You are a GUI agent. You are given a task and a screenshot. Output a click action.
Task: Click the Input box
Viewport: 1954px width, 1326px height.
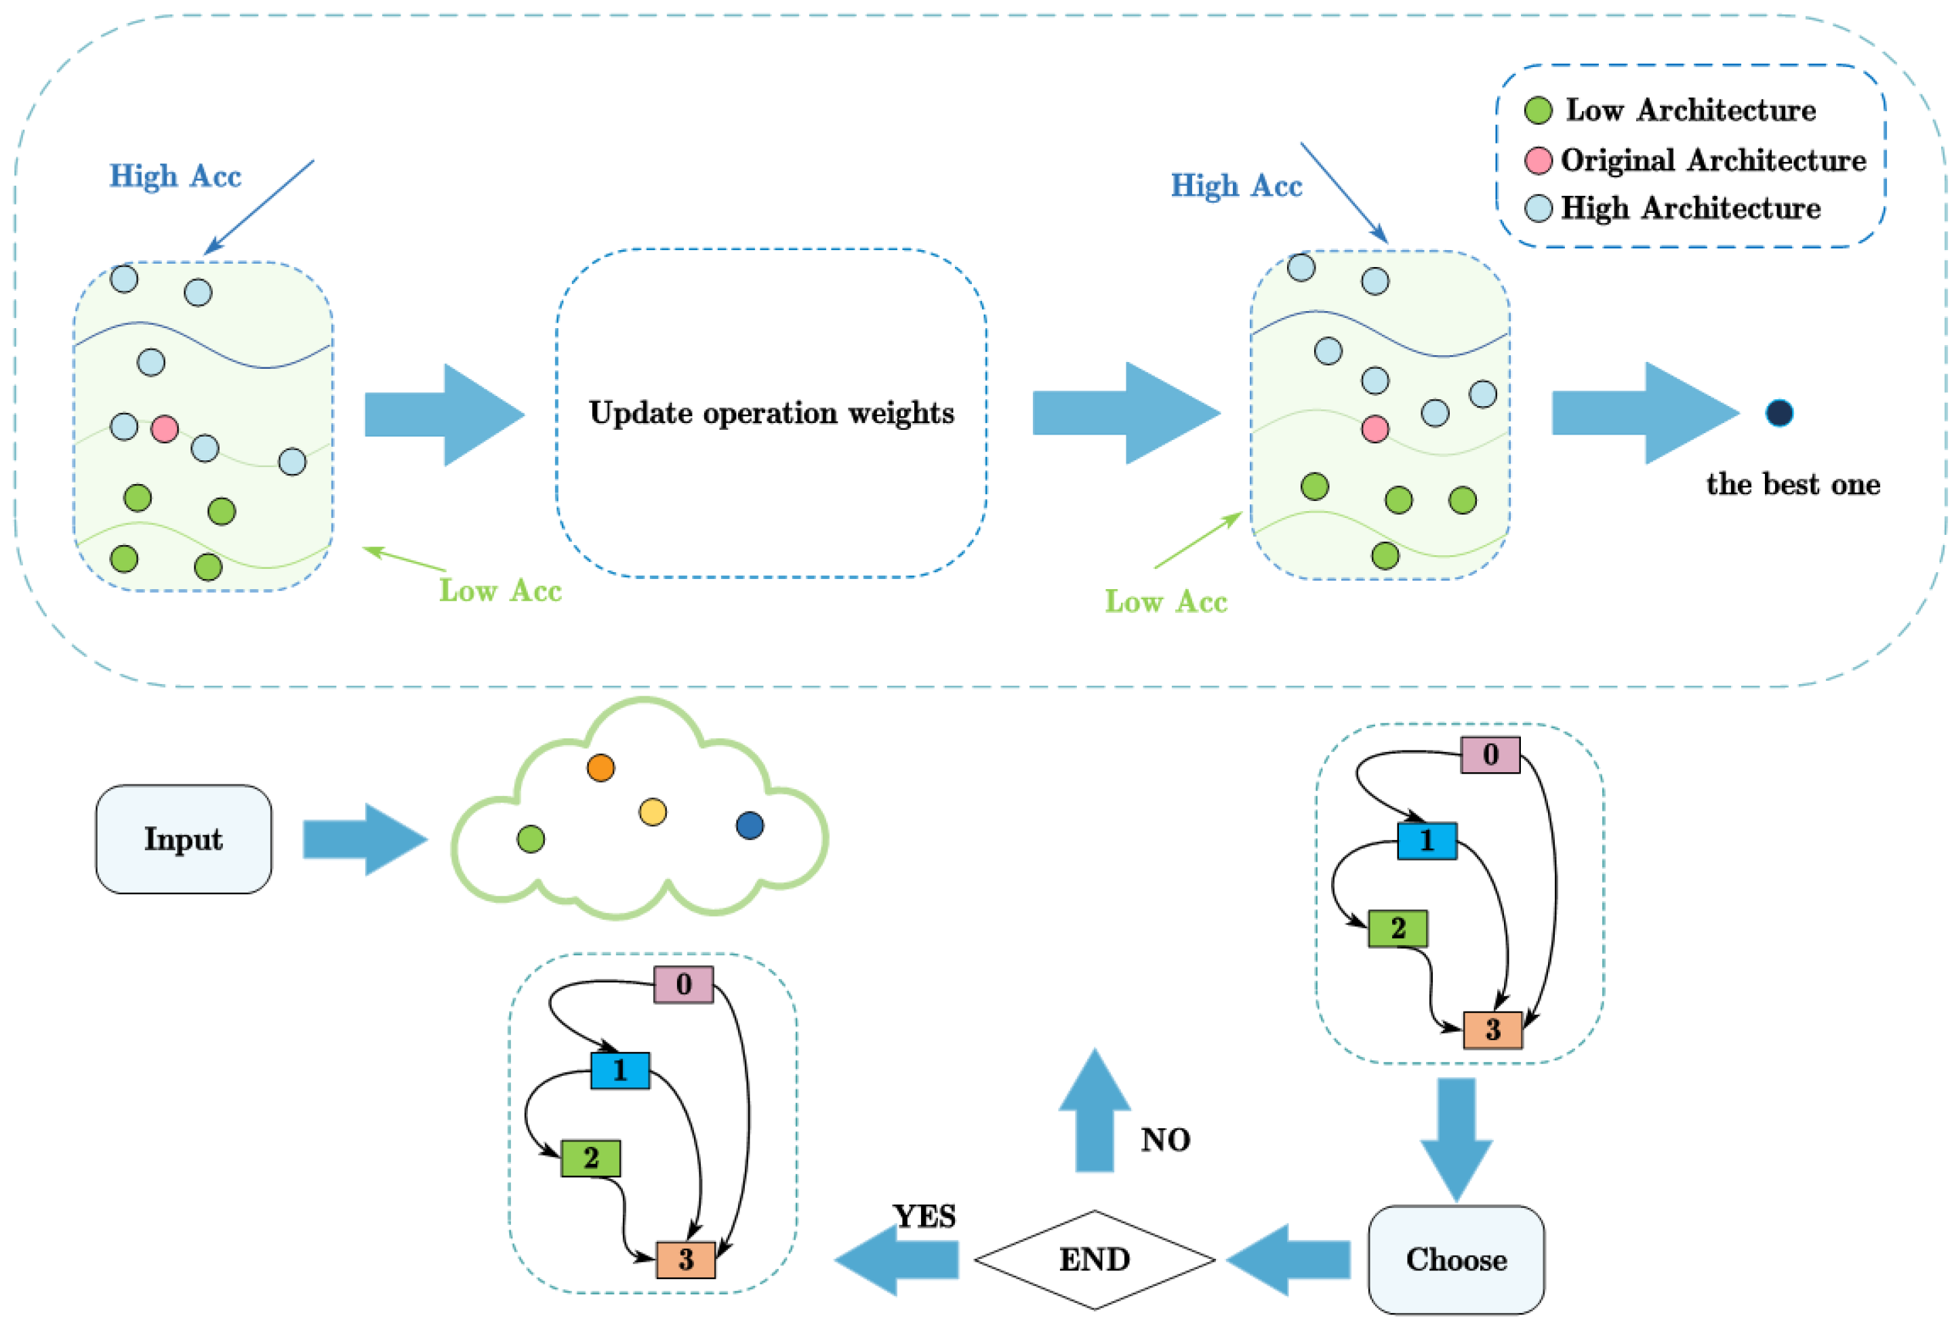[x=183, y=839]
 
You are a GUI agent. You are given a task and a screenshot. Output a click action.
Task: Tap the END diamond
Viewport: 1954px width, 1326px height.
[x=1094, y=1259]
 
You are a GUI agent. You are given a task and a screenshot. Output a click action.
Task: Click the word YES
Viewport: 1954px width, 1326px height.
[x=924, y=1216]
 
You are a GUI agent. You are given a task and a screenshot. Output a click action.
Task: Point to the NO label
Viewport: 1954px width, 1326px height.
[x=1165, y=1140]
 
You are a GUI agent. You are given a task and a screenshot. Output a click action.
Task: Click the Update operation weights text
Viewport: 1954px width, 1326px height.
[x=771, y=413]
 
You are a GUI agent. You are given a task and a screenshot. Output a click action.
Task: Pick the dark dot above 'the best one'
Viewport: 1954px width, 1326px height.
[x=1778, y=413]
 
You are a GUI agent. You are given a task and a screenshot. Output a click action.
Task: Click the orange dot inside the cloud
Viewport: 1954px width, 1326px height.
[x=601, y=767]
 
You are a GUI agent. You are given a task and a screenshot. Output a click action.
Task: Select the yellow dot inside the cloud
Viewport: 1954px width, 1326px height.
[x=653, y=811]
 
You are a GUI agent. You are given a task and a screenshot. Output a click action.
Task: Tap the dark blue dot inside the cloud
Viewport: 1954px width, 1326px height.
[x=749, y=825]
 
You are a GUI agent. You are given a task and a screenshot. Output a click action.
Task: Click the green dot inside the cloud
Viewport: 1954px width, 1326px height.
[x=531, y=839]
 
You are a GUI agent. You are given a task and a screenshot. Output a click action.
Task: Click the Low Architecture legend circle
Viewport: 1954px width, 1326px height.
[x=1538, y=110]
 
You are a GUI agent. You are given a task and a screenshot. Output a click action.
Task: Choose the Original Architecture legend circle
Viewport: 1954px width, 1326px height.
[x=1538, y=160]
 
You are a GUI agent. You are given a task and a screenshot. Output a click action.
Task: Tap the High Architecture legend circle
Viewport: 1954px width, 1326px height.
[x=1538, y=207]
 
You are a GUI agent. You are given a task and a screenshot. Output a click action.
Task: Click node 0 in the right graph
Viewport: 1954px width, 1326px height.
[x=1490, y=755]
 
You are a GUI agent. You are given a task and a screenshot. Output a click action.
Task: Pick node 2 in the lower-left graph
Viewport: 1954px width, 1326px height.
[x=590, y=1158]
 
